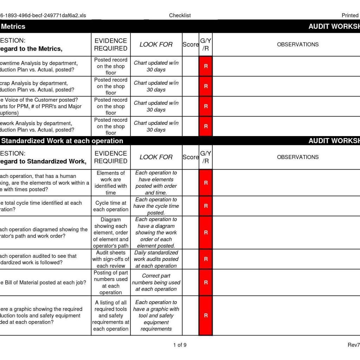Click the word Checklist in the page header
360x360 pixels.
coord(180,15)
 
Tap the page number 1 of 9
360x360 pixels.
coord(180,345)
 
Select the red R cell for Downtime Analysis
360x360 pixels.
coord(206,66)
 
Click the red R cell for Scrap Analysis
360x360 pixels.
coord(206,86)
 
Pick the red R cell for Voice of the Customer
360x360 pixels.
coord(206,106)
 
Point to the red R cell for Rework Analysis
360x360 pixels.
coord(206,126)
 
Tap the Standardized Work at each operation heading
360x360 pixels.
coord(62,141)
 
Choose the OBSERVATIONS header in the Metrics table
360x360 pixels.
coord(297,44)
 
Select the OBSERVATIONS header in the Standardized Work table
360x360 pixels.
coord(297,157)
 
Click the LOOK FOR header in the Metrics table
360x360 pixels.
coord(156,44)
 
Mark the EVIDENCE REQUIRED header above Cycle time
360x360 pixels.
coord(110,157)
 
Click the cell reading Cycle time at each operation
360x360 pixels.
coord(110,206)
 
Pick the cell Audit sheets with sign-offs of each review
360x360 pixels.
coord(110,259)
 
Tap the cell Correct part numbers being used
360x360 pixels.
coord(156,282)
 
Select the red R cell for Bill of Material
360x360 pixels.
coord(206,282)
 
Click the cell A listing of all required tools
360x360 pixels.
coord(110,315)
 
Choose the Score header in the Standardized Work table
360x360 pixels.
coord(190,157)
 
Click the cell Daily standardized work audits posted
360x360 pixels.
coord(156,259)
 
